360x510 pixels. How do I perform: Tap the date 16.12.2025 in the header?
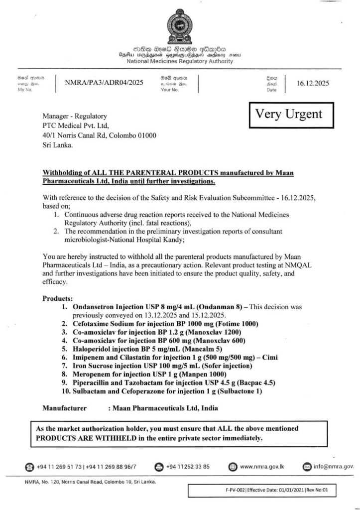coord(312,83)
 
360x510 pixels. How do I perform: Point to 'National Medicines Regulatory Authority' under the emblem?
coord(180,61)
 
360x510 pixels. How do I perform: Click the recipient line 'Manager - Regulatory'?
coord(75,116)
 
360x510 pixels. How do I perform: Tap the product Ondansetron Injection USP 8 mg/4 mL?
coord(149,307)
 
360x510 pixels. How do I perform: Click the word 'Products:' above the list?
coord(58,298)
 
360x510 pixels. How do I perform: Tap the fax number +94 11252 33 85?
coord(187,466)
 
